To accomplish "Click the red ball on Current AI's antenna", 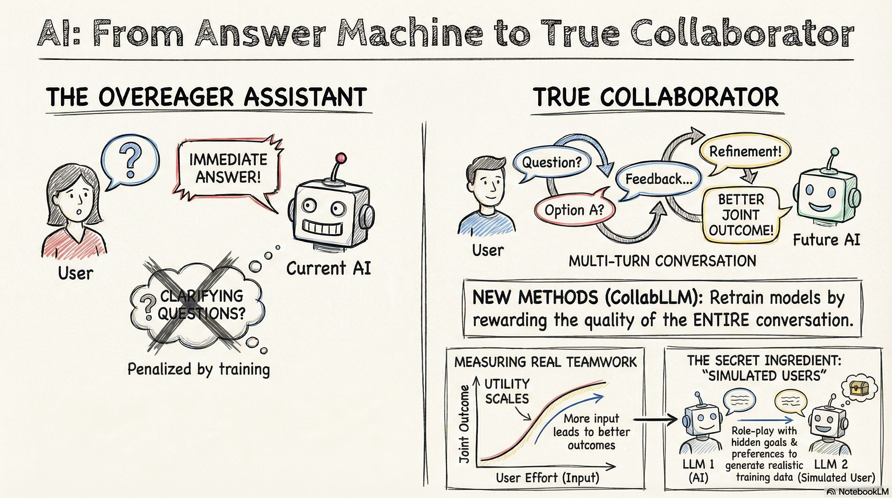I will (341, 158).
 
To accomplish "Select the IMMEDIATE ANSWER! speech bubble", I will (228, 168).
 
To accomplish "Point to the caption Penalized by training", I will (198, 369).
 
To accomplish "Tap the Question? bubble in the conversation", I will (552, 162).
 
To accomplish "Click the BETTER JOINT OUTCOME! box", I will (741, 215).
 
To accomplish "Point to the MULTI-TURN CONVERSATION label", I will (663, 261).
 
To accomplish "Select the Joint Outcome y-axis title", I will (464, 424).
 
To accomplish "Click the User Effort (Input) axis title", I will (547, 478).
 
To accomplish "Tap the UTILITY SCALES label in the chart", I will (507, 391).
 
